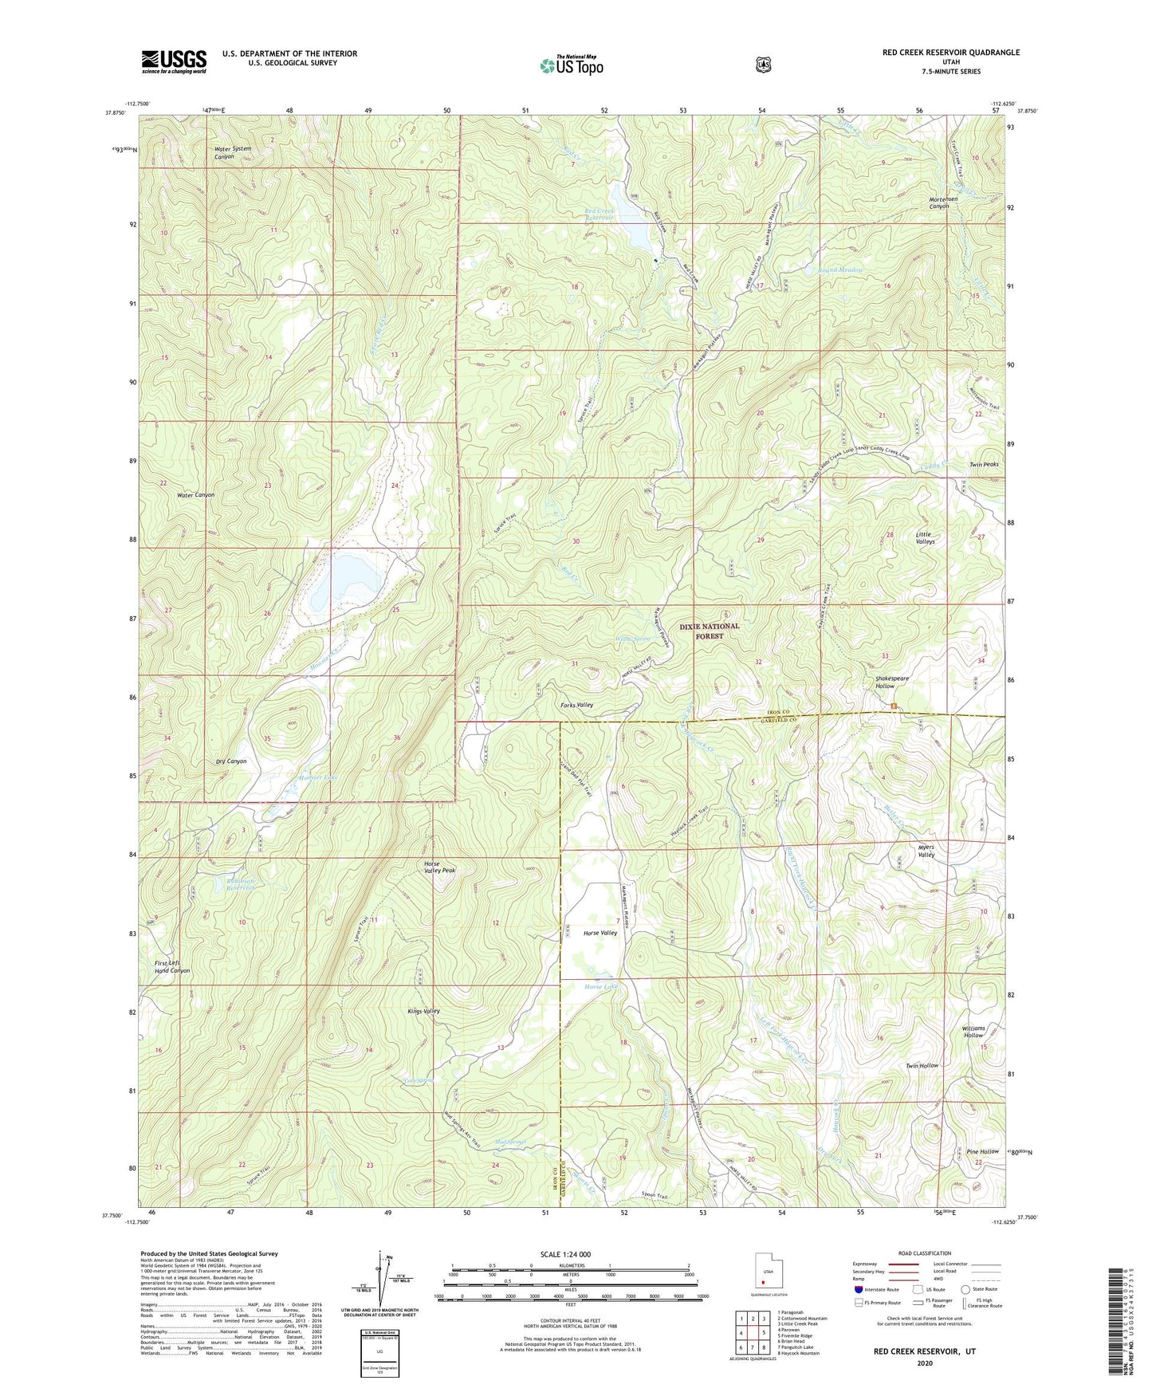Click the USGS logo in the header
[x=174, y=61]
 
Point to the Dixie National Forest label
[x=709, y=631]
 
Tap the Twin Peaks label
[x=983, y=464]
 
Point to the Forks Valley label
[x=576, y=705]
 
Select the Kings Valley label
[x=423, y=1011]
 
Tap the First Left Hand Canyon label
[x=172, y=967]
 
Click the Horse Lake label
[x=600, y=987]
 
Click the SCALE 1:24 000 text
[x=565, y=1254]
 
